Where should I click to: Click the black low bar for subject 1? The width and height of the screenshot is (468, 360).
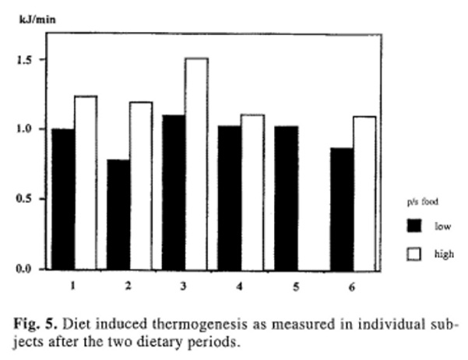(x=64, y=199)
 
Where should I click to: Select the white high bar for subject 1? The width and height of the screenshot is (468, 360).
(x=86, y=183)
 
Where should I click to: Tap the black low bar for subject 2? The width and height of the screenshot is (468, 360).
(x=119, y=214)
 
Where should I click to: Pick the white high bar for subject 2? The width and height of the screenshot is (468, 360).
(x=141, y=185)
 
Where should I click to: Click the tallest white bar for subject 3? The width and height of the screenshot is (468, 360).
(x=196, y=164)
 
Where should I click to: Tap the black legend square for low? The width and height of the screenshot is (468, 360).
(x=414, y=226)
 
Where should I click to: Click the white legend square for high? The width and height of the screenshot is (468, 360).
(x=414, y=253)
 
